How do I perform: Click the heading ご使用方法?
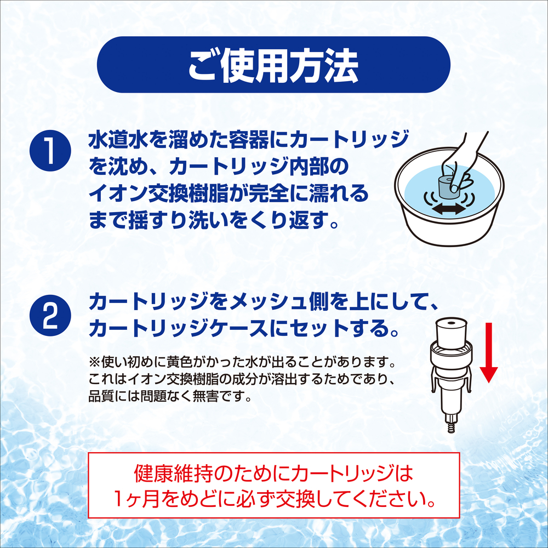pyautogui.click(x=273, y=66)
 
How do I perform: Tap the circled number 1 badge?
pyautogui.click(x=50, y=151)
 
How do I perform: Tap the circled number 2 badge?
pyautogui.click(x=50, y=316)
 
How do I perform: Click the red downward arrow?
pyautogui.click(x=489, y=352)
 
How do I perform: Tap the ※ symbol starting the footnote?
pyautogui.click(x=94, y=362)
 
